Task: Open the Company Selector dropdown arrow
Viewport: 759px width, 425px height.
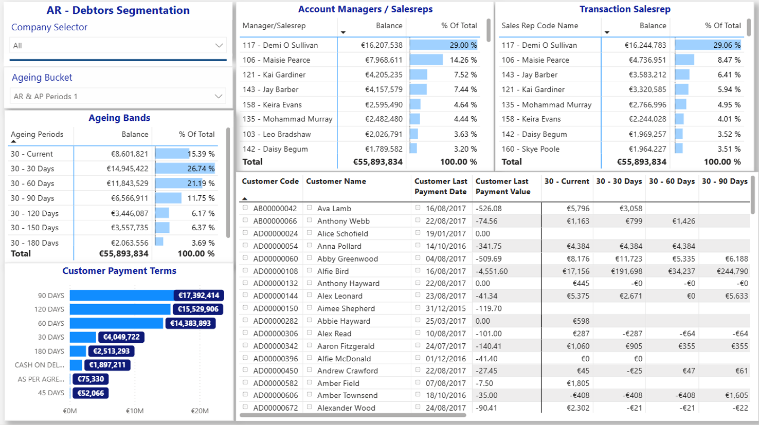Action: (x=219, y=45)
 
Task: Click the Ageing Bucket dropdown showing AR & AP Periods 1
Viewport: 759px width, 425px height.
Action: (x=118, y=97)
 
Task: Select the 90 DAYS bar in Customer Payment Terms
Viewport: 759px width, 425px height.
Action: (x=122, y=295)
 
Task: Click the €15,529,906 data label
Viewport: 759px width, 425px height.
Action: (x=198, y=309)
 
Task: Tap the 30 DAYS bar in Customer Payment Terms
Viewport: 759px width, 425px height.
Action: (x=83, y=337)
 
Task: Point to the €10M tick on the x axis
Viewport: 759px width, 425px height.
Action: (x=135, y=411)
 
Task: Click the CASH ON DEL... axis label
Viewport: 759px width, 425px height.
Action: (x=39, y=365)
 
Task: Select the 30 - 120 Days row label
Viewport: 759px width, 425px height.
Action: (x=34, y=213)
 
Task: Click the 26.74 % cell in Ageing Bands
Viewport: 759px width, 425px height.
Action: (x=201, y=169)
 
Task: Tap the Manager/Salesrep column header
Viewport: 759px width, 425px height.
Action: (x=274, y=26)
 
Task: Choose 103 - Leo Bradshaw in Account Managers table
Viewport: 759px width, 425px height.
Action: (x=277, y=134)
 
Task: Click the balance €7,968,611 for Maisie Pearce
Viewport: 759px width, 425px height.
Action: (x=384, y=60)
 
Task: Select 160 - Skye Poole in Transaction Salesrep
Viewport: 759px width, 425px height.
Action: (x=530, y=149)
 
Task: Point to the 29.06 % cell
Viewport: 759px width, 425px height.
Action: (x=727, y=45)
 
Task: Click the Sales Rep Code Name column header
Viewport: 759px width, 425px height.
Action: (x=540, y=26)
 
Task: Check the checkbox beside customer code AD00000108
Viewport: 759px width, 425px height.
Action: (x=245, y=271)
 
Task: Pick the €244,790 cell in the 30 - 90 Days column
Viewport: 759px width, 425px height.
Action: (x=732, y=271)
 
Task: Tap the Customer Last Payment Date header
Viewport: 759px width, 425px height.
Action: (x=441, y=187)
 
